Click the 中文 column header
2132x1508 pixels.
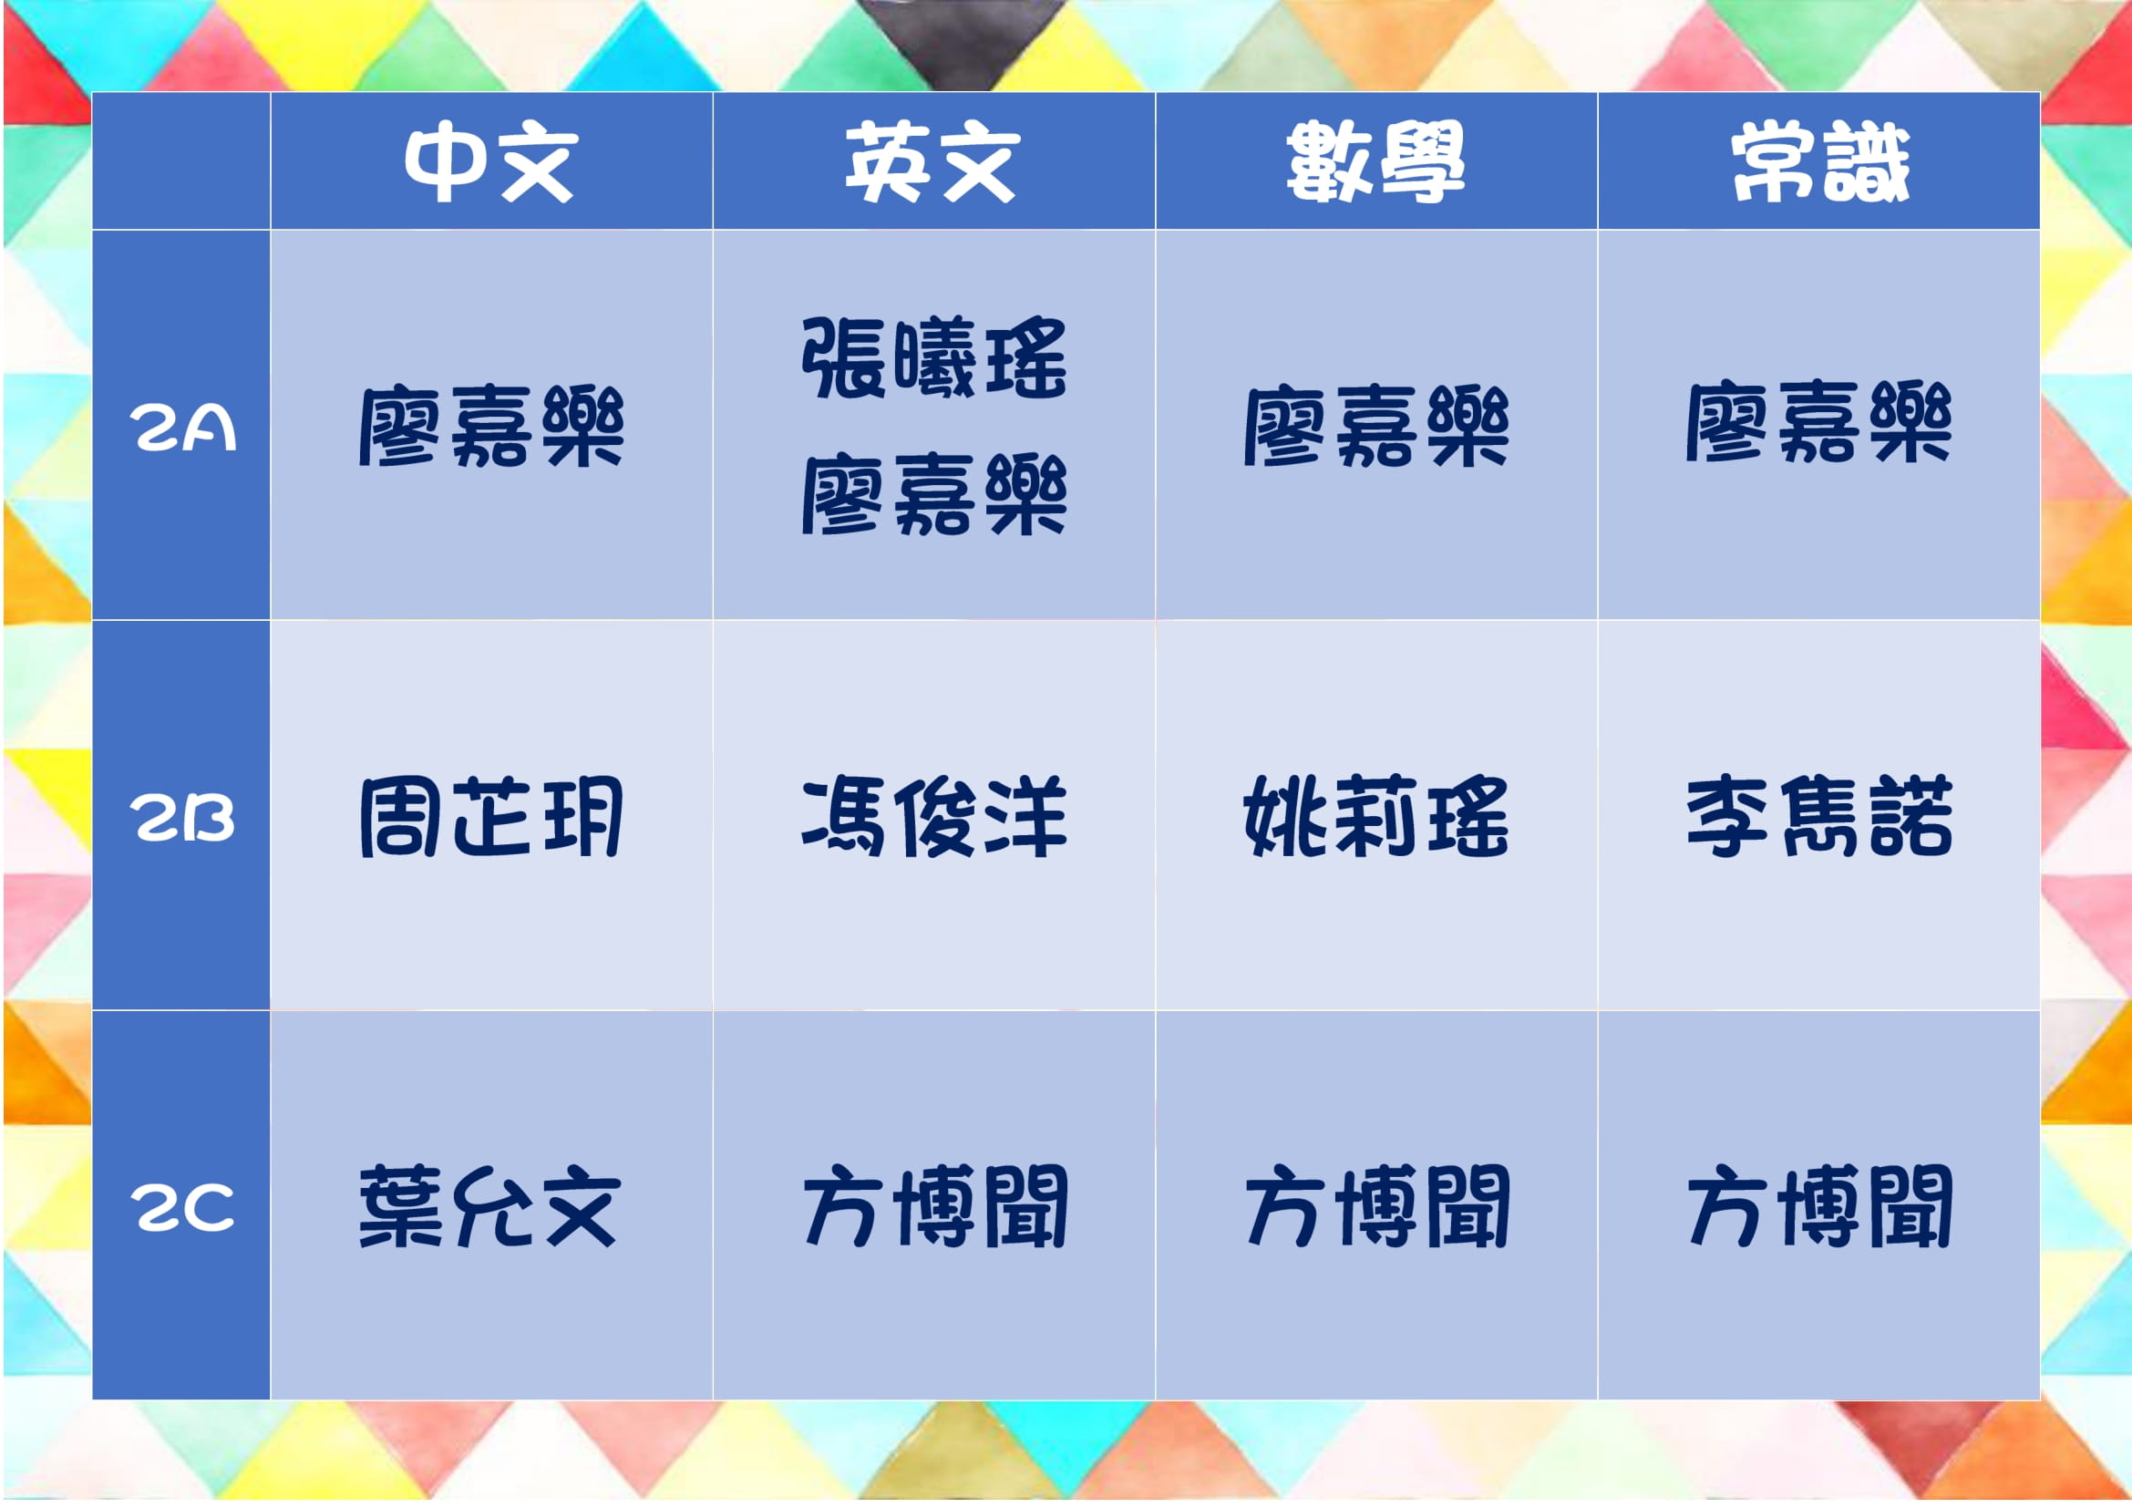point(490,161)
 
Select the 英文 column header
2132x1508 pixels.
point(932,161)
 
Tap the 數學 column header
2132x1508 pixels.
point(1375,161)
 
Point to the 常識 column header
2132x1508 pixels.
point(1819,161)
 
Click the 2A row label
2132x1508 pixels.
point(182,429)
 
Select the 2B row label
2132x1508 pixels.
point(182,818)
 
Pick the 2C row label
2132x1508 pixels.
point(182,1208)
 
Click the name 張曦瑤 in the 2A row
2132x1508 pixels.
point(934,357)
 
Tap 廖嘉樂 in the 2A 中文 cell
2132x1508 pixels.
point(491,426)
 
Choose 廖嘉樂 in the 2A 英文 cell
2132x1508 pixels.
point(934,494)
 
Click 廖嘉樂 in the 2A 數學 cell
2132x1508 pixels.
point(1376,426)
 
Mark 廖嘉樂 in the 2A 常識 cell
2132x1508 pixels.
point(1819,422)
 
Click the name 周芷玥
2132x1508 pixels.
point(491,817)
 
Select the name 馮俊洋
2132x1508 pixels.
point(934,817)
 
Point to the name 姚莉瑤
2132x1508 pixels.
point(1376,817)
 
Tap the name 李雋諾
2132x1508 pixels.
point(1819,817)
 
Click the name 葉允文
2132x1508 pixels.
point(489,1207)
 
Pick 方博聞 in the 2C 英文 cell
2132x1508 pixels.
point(935,1207)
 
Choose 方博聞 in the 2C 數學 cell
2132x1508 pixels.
point(1377,1207)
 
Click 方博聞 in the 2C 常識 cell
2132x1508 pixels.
point(1820,1207)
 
